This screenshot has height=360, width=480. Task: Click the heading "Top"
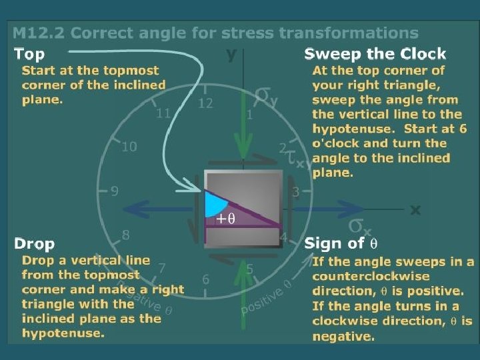click(x=29, y=53)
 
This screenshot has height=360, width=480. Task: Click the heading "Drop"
click(x=34, y=243)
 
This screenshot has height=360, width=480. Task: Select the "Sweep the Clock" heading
click(x=375, y=54)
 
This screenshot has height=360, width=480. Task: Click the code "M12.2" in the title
click(x=39, y=32)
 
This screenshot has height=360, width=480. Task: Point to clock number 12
click(x=205, y=103)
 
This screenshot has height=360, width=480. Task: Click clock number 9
click(x=115, y=192)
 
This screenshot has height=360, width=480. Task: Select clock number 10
click(x=129, y=147)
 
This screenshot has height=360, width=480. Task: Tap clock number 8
click(x=125, y=235)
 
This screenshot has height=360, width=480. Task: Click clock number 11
click(x=163, y=113)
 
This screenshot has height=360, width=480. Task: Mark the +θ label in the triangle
click(x=225, y=218)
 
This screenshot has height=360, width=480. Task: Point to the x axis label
click(x=415, y=209)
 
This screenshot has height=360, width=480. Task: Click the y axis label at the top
click(x=231, y=55)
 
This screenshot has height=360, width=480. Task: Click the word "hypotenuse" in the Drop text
click(x=63, y=333)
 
